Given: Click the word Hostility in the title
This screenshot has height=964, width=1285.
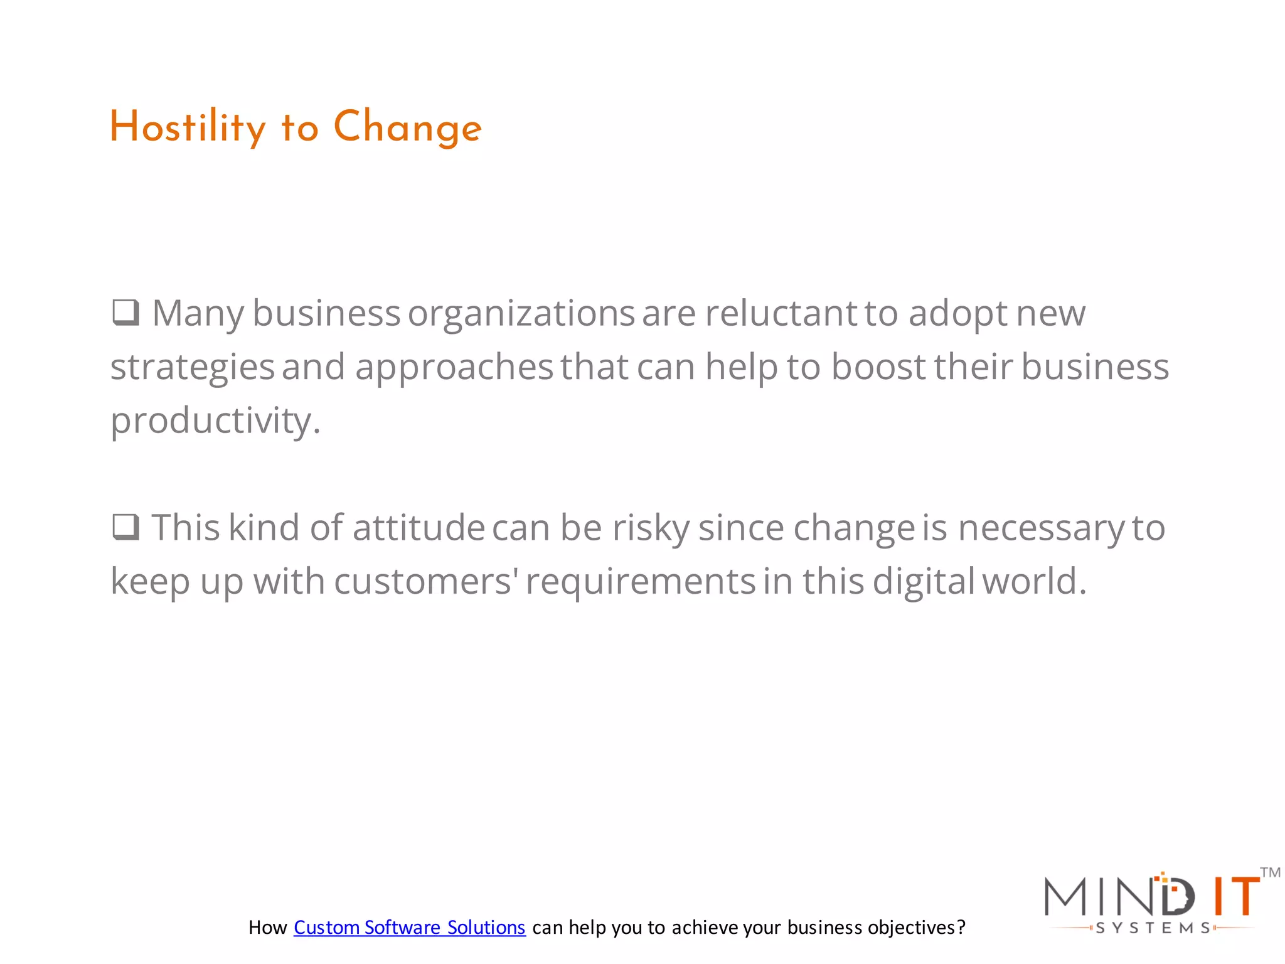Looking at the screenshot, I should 188,127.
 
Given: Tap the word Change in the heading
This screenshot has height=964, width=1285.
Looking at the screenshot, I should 407,127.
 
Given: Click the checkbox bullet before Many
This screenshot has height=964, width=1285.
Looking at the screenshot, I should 125,312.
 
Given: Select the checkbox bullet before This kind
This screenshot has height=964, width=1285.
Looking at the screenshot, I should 125,527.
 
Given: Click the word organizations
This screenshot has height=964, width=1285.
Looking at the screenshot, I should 521,313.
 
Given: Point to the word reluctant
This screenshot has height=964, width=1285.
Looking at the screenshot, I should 781,313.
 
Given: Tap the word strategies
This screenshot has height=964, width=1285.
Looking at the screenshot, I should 192,367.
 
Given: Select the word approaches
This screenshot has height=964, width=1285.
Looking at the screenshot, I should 454,367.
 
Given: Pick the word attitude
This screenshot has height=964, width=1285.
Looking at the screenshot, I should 419,527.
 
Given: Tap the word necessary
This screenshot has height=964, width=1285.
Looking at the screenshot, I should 1042,527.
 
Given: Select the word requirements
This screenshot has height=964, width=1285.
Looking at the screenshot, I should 641,581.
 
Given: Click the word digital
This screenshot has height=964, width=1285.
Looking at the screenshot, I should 924,581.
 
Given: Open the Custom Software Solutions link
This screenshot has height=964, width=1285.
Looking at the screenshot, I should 409,928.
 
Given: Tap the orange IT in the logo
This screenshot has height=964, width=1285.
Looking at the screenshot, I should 1235,896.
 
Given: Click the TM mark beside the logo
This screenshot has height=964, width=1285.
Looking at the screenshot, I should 1270,872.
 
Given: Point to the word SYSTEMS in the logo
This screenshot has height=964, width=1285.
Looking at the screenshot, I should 1152,928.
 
